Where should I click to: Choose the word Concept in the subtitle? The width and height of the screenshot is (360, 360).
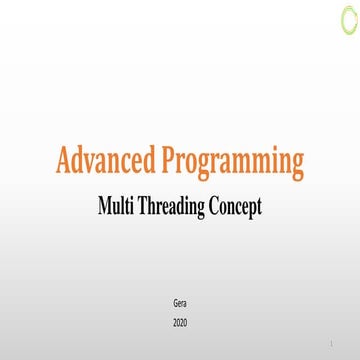pos(236,207)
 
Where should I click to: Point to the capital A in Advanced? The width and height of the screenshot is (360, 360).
pos(65,160)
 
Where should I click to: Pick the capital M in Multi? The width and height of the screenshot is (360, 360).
pos(105,206)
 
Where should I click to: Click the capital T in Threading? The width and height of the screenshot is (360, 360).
pos(146,206)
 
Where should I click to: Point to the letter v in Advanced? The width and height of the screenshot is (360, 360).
pos(94,163)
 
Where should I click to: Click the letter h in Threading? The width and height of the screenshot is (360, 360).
pos(156,206)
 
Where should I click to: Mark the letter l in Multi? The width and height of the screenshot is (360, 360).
pos(125,206)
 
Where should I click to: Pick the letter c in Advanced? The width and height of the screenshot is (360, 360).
pos(132,163)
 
